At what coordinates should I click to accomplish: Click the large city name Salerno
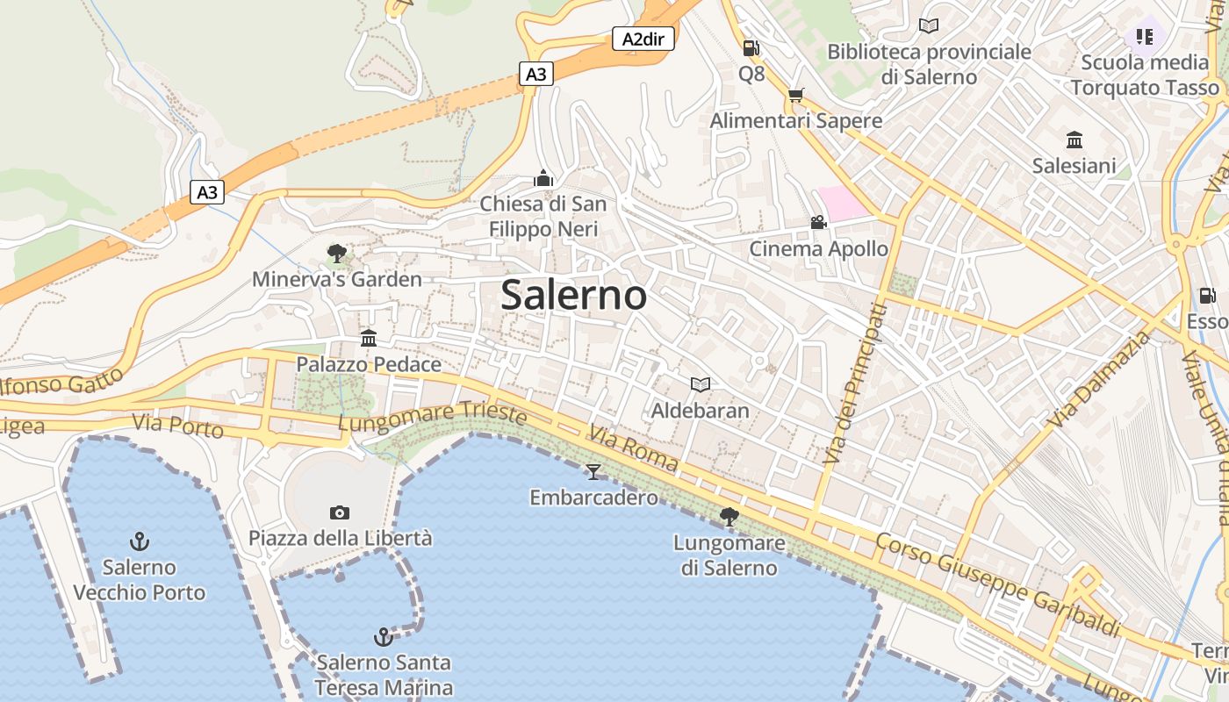[x=573, y=295]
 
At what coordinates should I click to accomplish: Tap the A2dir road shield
[x=643, y=39]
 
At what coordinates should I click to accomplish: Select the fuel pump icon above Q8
[x=751, y=48]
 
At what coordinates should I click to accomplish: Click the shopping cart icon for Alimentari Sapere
[x=795, y=95]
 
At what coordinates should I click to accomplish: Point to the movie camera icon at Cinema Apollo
[x=818, y=223]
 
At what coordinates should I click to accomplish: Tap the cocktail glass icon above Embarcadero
[x=593, y=472]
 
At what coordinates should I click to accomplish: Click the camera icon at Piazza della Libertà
[x=340, y=512]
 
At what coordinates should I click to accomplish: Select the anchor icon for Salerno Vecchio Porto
[x=139, y=541]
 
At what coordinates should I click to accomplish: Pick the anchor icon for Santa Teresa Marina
[x=383, y=636]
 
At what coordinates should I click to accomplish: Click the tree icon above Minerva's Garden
[x=336, y=254]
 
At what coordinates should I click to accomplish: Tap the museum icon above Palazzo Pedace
[x=369, y=338]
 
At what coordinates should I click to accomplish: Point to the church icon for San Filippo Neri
[x=543, y=179]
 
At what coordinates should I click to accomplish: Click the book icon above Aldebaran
[x=700, y=384]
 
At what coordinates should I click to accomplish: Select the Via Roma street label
[x=633, y=448]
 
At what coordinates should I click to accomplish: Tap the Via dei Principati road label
[x=855, y=383]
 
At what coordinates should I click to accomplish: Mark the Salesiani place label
[x=1074, y=166]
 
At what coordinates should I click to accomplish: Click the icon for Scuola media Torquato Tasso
[x=1145, y=37]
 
